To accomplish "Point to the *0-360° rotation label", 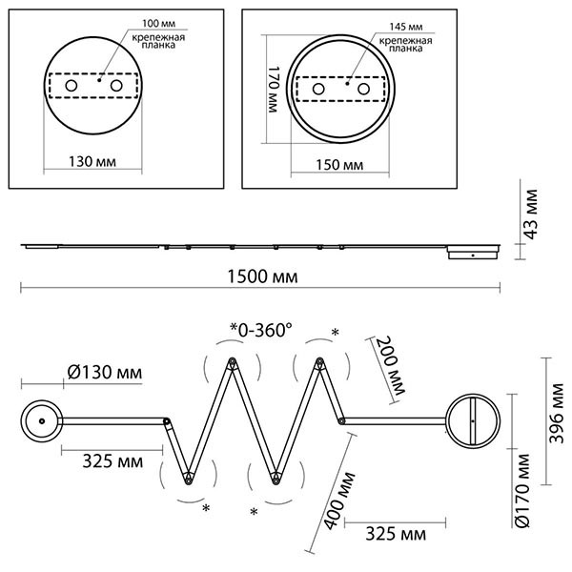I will click(260, 330).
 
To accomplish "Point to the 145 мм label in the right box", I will click(394, 28).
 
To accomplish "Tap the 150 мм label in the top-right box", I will click(339, 164).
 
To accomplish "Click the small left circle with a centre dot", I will click(42, 419).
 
